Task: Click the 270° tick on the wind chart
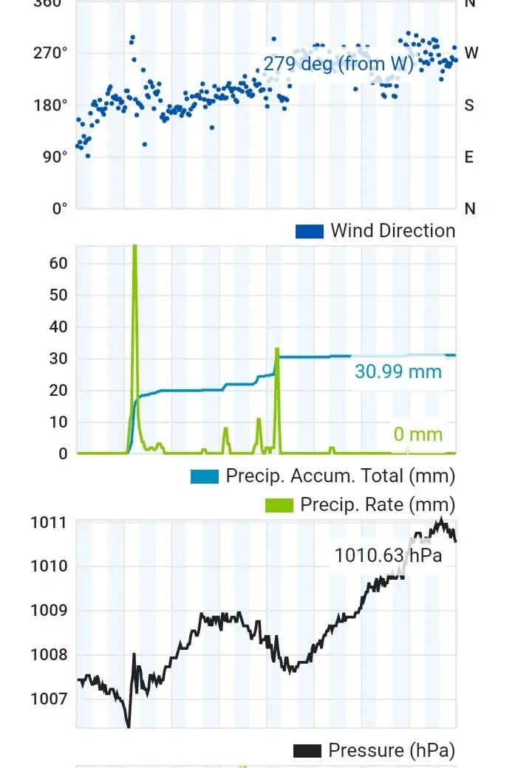[50, 53]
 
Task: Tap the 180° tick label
[50, 105]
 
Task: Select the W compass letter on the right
[471, 53]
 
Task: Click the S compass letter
[469, 105]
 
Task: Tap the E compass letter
[469, 157]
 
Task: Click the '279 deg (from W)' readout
[338, 64]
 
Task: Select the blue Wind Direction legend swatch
[310, 231]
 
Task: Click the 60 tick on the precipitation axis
[59, 264]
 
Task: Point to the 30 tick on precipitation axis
[59, 359]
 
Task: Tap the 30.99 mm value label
[398, 371]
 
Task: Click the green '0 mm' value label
[417, 434]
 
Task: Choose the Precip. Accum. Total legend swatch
[205, 476]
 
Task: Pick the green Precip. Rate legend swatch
[279, 505]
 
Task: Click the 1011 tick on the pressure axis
[49, 523]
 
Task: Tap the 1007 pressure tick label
[49, 699]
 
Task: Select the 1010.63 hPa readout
[388, 555]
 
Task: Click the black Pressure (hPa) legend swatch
[307, 751]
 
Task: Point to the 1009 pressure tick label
[49, 611]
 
